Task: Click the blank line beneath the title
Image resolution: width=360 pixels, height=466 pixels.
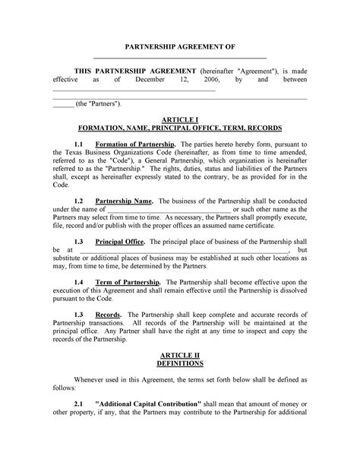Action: click(x=179, y=58)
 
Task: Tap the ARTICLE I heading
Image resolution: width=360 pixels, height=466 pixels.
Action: click(x=179, y=119)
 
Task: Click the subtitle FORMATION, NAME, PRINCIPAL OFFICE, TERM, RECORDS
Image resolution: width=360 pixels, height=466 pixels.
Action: click(x=179, y=128)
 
